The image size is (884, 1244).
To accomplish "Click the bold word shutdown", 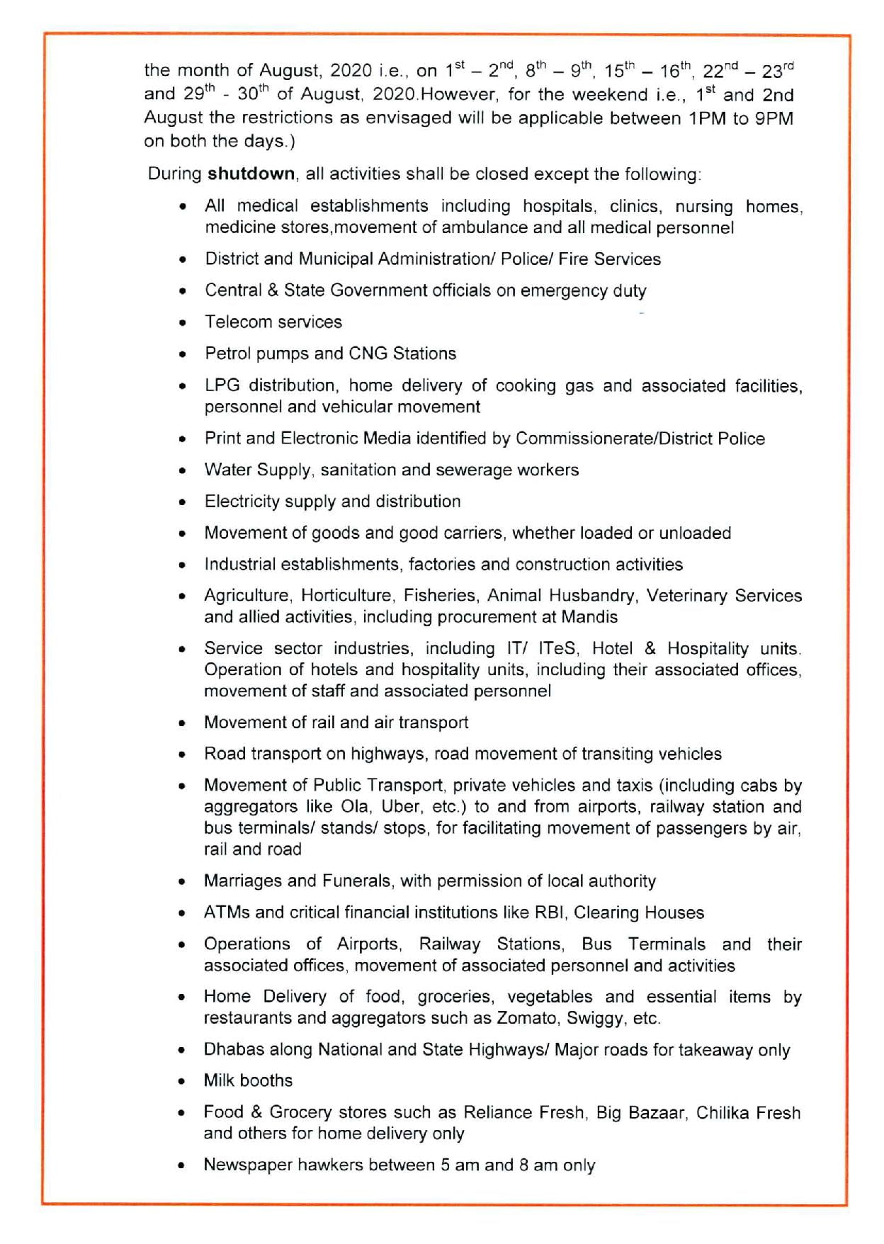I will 251,174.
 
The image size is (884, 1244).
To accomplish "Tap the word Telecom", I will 232,322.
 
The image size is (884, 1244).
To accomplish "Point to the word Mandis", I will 589,617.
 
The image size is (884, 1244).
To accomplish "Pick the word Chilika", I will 722,1113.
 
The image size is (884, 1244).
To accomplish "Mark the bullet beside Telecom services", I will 183,323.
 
